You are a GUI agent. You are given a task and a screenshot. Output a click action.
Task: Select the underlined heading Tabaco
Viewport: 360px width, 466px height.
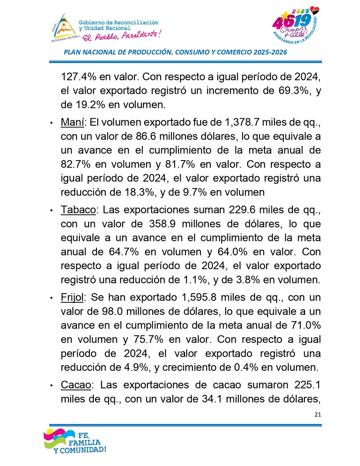[78, 210]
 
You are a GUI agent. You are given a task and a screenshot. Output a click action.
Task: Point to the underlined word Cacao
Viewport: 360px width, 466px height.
[76, 385]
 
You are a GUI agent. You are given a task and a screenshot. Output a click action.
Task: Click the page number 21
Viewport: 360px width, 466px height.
[317, 414]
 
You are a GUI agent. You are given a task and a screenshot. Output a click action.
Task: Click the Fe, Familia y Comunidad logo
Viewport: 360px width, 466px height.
[74, 442]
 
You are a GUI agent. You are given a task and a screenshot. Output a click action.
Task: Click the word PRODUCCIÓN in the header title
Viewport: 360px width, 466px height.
[149, 52]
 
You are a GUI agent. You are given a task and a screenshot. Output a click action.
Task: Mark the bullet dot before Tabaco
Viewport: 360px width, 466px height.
[52, 211]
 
